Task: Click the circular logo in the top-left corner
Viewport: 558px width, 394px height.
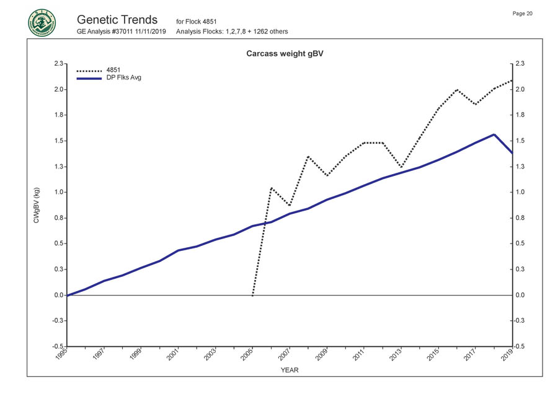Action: (x=42, y=22)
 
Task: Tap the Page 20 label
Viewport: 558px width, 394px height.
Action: (x=523, y=14)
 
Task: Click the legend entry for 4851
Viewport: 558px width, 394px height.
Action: (x=113, y=70)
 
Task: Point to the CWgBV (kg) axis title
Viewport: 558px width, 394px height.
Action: (x=37, y=207)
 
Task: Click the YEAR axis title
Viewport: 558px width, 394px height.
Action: (x=290, y=370)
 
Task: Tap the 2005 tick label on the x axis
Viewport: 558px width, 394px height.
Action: (x=246, y=354)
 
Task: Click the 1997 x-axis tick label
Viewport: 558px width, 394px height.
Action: (x=97, y=354)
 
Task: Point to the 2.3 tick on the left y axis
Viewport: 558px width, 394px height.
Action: (x=58, y=63)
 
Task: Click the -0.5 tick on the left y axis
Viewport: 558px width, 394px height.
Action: (x=57, y=346)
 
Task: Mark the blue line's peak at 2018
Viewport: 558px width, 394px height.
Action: (x=494, y=134)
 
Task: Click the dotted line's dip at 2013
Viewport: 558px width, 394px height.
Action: (x=401, y=167)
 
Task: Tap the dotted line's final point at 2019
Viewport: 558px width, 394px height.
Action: (x=512, y=81)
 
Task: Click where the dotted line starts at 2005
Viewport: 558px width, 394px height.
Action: (x=252, y=295)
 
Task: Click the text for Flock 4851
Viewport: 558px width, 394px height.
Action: (x=196, y=22)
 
